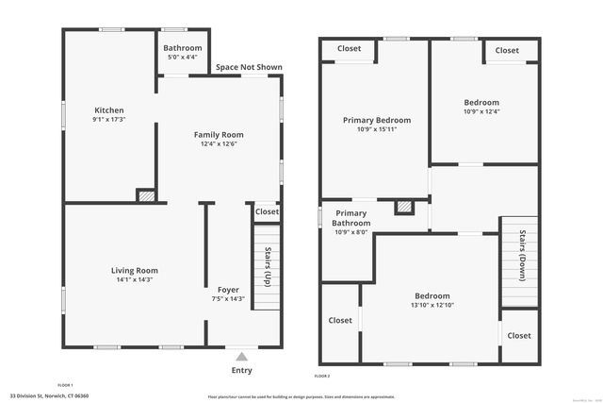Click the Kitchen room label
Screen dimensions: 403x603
coord(108,110)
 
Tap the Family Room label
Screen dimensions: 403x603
coord(219,134)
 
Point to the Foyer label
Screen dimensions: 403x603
coord(228,289)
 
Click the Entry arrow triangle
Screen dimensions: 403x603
coord(242,357)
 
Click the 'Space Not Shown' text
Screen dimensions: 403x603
coord(248,67)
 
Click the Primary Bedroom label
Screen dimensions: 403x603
coord(376,120)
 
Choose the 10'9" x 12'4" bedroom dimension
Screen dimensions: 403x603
coord(481,112)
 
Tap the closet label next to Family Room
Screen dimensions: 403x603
coord(267,211)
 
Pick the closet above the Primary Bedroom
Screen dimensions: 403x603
coord(349,48)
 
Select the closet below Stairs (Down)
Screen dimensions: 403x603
coord(518,335)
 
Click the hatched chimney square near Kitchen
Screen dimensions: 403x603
coord(146,195)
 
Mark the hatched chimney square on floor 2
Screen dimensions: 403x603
coord(403,206)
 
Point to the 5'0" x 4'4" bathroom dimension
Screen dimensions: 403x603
coord(182,58)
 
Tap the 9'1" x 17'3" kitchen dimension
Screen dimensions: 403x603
coord(108,120)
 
